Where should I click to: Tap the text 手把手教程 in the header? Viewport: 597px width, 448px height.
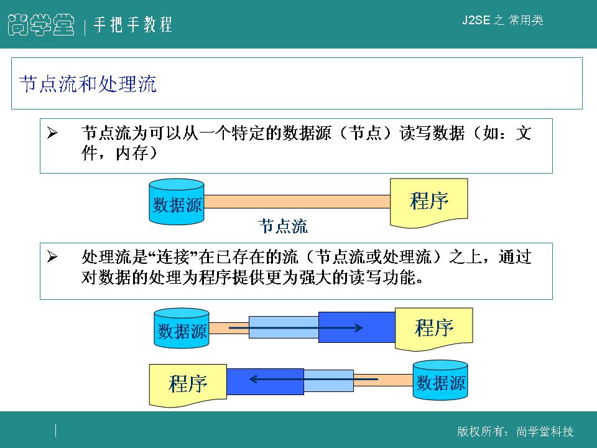pyautogui.click(x=132, y=26)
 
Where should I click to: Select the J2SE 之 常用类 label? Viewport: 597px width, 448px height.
pyautogui.click(x=502, y=21)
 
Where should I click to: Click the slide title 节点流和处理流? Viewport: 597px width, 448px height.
pyautogui.click(x=88, y=84)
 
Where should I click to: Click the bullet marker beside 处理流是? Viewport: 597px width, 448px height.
pyautogui.click(x=52, y=257)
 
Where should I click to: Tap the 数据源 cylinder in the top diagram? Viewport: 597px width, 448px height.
pyautogui.click(x=177, y=203)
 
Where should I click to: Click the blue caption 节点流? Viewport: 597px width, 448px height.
pyautogui.click(x=283, y=226)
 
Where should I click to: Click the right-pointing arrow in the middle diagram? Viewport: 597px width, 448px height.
pyautogui.click(x=296, y=327)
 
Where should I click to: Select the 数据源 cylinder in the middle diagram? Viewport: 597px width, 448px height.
pyautogui.click(x=182, y=329)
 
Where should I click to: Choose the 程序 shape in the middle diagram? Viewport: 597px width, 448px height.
pyautogui.click(x=434, y=328)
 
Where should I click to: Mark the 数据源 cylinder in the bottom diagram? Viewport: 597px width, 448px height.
pyautogui.click(x=440, y=381)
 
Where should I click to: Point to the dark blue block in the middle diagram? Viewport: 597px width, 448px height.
pyautogui.click(x=356, y=327)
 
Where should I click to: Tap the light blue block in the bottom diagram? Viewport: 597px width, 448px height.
pyautogui.click(x=328, y=381)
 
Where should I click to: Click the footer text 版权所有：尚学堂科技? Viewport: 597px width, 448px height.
pyautogui.click(x=515, y=432)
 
